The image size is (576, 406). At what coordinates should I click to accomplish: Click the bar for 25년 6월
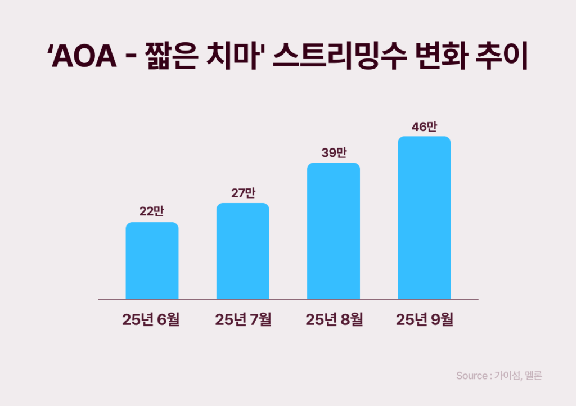pyautogui.click(x=152, y=261)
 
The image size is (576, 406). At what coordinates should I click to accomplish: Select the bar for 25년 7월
pyautogui.click(x=243, y=251)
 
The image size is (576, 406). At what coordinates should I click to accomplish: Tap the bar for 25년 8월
pyautogui.click(x=334, y=231)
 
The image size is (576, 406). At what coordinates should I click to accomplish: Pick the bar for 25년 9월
pyautogui.click(x=424, y=218)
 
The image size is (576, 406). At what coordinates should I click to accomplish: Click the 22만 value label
pyautogui.click(x=152, y=211)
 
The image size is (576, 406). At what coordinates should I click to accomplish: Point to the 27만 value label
pyautogui.click(x=243, y=192)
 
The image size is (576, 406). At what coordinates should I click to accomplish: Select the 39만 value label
pyautogui.click(x=334, y=152)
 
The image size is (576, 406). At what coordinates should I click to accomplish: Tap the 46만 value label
pyautogui.click(x=424, y=126)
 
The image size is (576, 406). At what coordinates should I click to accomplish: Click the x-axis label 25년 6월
pyautogui.click(x=151, y=320)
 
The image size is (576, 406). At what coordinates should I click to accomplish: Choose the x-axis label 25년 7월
pyautogui.click(x=243, y=320)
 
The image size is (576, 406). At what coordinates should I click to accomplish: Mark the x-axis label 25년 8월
pyautogui.click(x=334, y=320)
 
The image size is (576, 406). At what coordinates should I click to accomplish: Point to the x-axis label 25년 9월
pyautogui.click(x=425, y=320)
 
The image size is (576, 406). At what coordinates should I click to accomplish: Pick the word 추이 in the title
pyautogui.click(x=501, y=58)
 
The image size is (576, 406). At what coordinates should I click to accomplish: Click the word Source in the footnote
pyautogui.click(x=471, y=376)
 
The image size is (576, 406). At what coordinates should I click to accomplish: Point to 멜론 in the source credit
pyautogui.click(x=532, y=376)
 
